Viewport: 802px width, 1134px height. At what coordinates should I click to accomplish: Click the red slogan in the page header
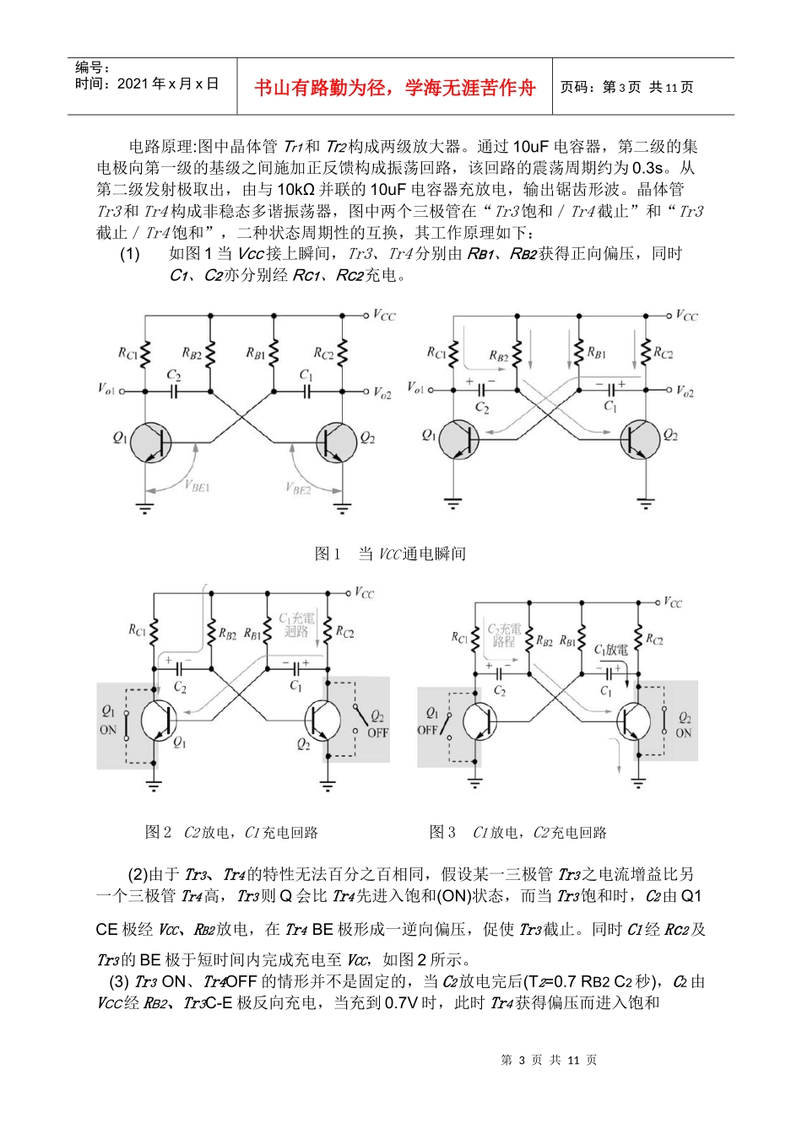click(394, 87)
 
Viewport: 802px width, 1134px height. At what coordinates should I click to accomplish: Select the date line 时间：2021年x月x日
click(147, 84)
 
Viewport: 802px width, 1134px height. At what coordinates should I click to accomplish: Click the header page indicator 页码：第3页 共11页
click(626, 87)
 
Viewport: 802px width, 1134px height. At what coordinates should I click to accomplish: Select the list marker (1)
click(129, 254)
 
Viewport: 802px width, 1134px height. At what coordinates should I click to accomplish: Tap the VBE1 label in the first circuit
click(197, 486)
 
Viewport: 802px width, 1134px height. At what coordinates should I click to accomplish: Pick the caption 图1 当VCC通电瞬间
click(389, 553)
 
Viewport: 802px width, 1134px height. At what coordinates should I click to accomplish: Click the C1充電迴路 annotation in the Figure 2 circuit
click(296, 624)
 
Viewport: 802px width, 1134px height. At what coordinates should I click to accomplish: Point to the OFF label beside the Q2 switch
click(377, 732)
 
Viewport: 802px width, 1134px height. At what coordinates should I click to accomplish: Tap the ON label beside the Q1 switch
click(108, 730)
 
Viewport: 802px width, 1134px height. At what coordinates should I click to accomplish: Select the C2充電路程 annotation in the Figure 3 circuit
click(504, 635)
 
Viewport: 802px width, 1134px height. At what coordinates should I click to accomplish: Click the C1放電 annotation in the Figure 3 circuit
click(611, 650)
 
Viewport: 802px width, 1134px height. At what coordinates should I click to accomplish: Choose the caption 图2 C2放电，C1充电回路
click(231, 832)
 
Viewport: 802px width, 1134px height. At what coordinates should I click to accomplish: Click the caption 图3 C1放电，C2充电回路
click(518, 832)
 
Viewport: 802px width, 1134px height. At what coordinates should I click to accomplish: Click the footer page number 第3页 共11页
click(549, 1060)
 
